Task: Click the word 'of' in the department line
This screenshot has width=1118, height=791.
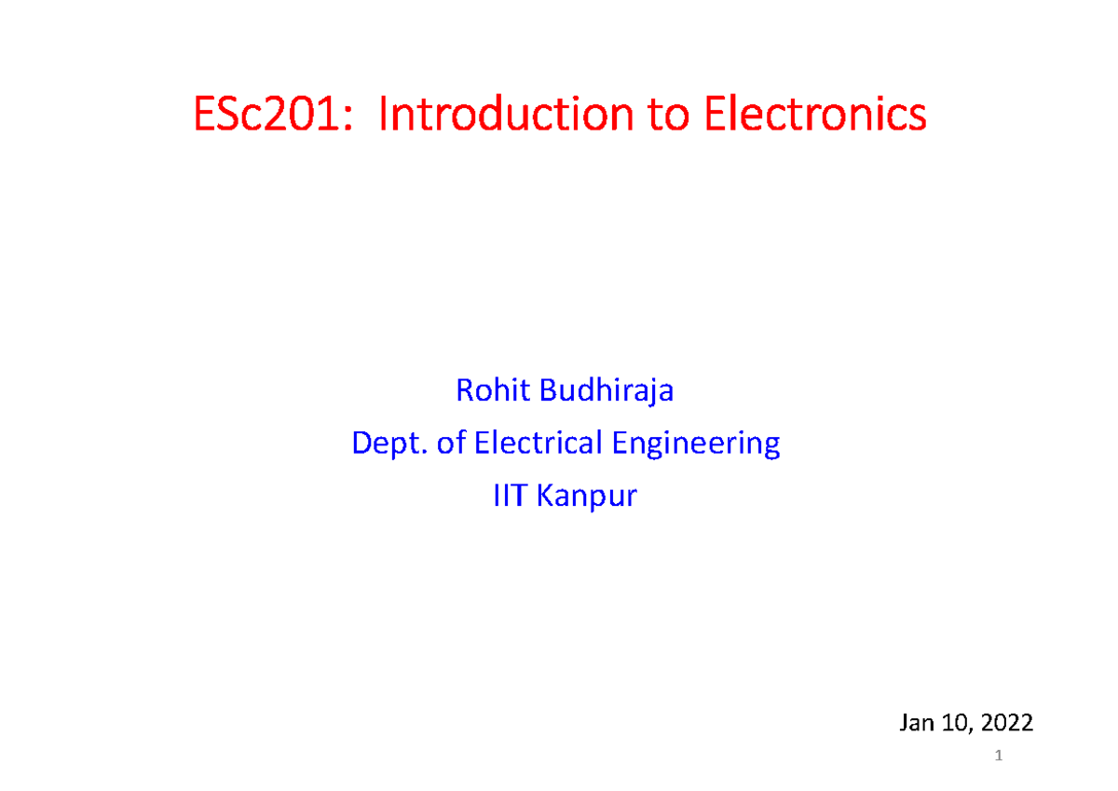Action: [451, 443]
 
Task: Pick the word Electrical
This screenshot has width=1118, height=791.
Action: [539, 443]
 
